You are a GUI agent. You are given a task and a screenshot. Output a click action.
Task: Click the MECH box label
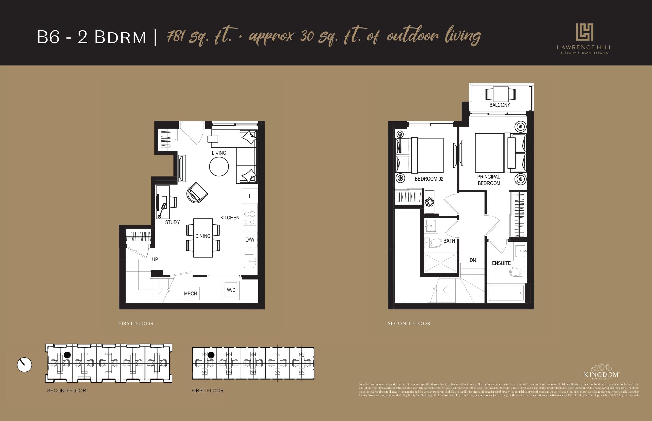190,293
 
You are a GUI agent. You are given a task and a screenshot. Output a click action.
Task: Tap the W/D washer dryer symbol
231,290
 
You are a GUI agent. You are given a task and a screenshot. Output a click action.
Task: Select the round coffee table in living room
219,167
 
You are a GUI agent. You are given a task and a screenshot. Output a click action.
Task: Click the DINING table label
203,236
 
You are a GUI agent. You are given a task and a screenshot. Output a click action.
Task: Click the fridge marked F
250,196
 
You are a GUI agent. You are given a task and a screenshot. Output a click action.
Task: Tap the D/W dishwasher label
250,240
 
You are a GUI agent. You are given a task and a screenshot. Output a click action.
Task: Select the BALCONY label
499,105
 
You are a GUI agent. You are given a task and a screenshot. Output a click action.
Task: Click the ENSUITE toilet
517,272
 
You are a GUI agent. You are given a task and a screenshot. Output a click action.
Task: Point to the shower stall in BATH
440,263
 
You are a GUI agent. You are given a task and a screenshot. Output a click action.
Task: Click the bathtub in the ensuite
506,293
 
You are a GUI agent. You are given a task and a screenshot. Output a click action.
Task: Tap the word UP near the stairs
155,259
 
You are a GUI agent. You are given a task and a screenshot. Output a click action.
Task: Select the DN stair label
473,260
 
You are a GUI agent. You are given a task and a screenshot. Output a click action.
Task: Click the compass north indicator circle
24,365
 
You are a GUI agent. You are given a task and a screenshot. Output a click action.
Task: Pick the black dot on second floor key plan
67,355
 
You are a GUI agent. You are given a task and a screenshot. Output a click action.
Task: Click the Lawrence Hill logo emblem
584,32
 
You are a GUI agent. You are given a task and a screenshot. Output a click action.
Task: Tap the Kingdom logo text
601,374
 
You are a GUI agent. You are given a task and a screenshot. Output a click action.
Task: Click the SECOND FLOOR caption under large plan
409,323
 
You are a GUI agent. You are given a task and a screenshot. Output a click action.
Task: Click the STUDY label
172,222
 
